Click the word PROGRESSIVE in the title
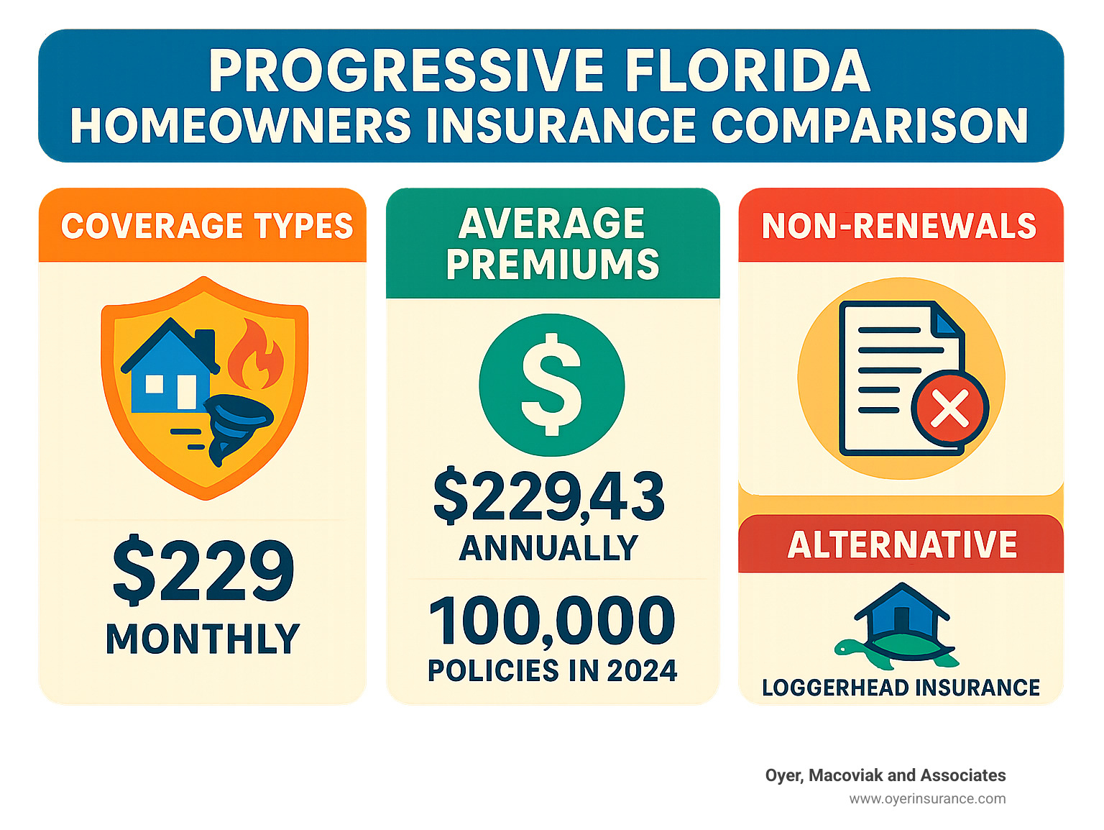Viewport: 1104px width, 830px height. point(407,71)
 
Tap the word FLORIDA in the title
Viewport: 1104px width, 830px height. point(747,71)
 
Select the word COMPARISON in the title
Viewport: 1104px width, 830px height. point(870,126)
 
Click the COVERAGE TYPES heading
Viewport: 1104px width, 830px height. point(207,226)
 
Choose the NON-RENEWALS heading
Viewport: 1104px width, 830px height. point(899,226)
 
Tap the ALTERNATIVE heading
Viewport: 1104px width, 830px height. point(902,544)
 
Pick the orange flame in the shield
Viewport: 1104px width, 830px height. point(255,354)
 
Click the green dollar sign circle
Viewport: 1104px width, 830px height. point(551,385)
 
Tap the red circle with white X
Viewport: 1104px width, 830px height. point(949,409)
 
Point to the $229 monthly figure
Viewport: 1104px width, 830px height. point(203,572)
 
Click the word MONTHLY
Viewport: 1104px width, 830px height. point(203,639)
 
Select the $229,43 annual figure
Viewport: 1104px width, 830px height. point(549,496)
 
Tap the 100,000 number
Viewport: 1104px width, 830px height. point(552,621)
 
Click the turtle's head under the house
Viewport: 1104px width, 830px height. point(843,647)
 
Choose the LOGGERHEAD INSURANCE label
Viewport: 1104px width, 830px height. point(901,688)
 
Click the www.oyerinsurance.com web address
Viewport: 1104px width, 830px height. point(927,798)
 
